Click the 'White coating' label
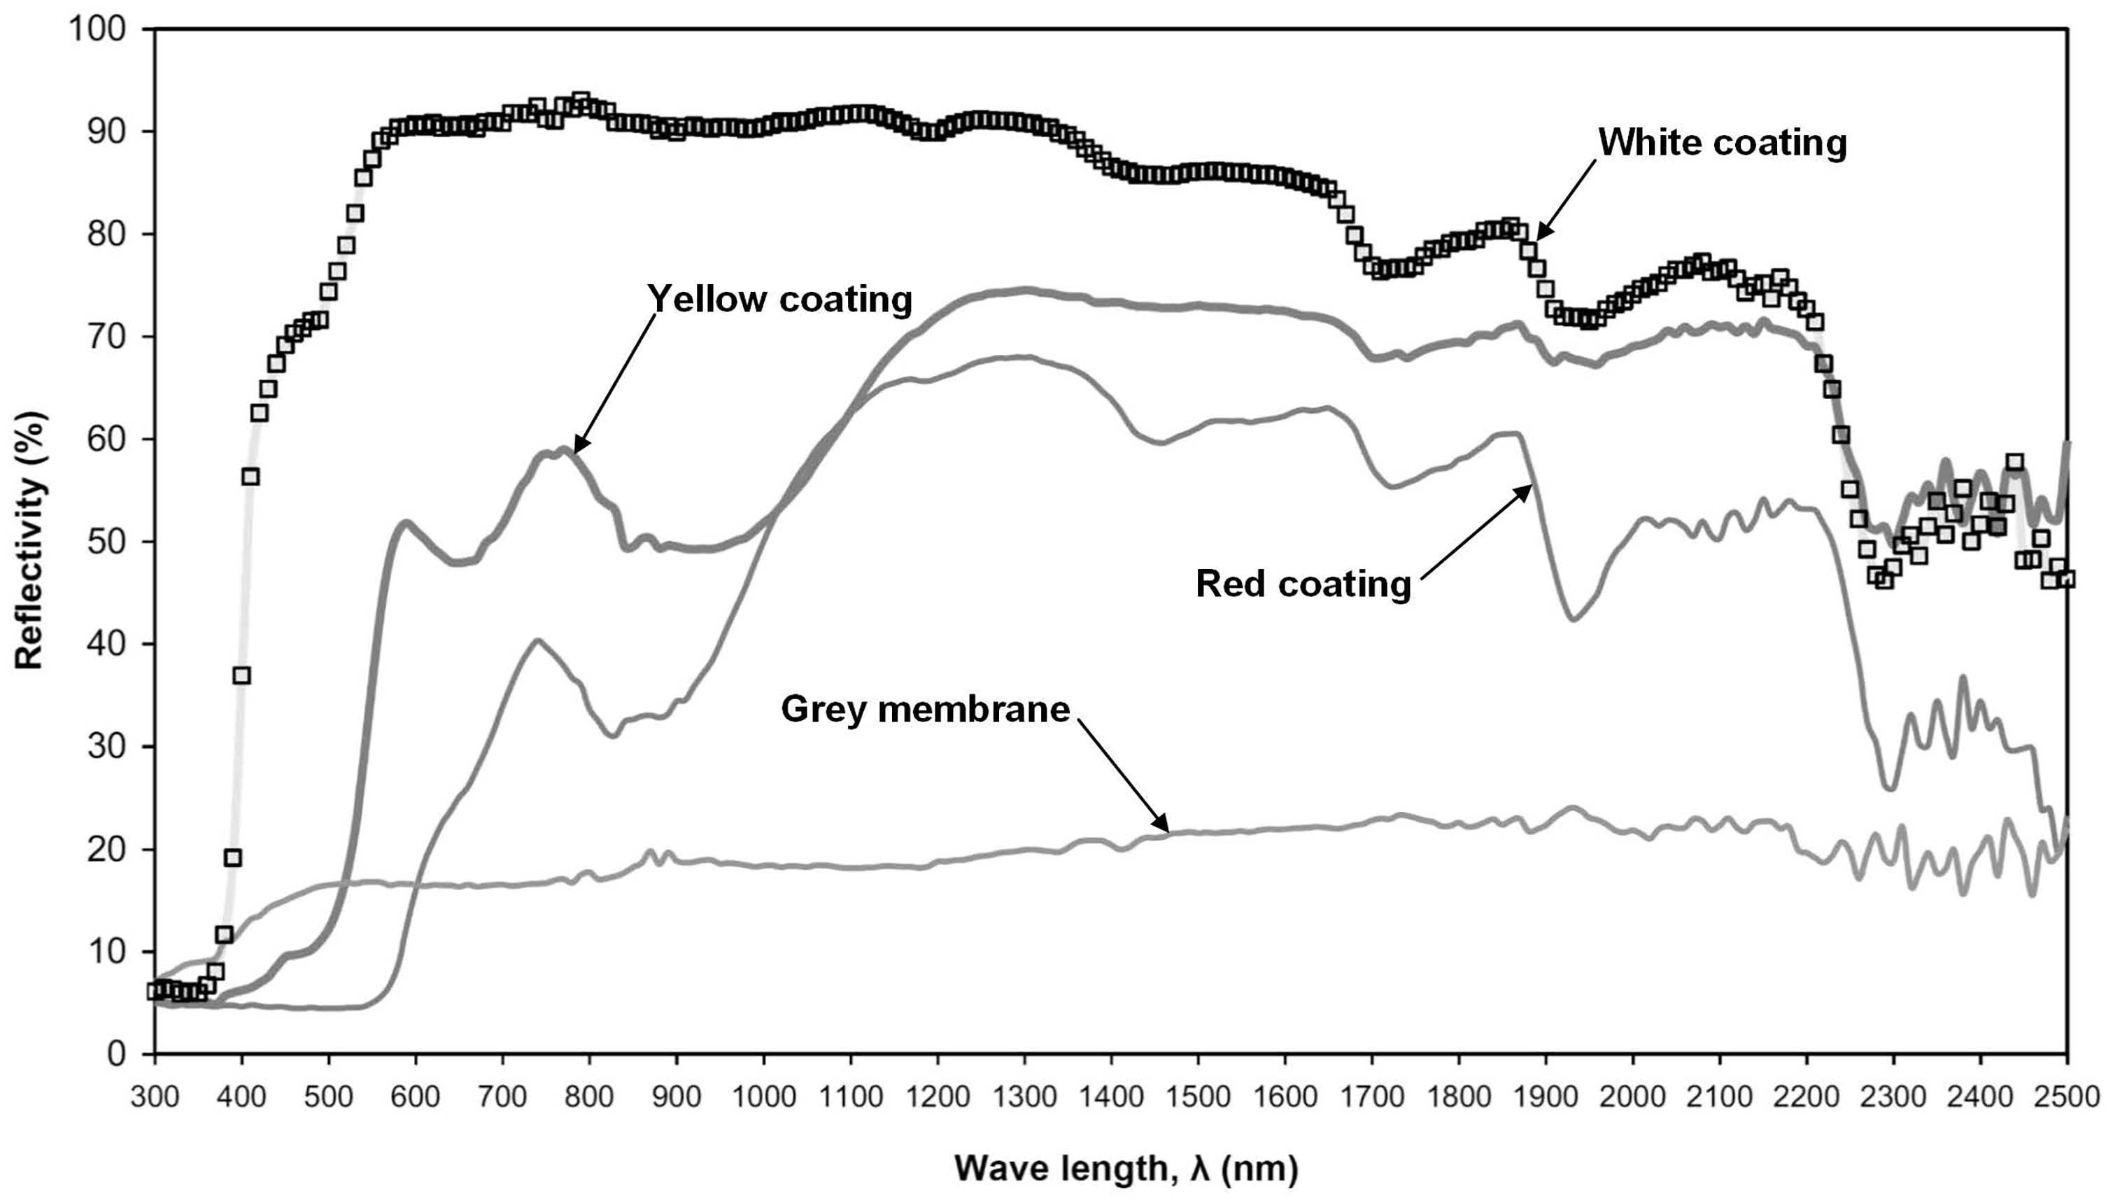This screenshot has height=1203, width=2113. click(1723, 143)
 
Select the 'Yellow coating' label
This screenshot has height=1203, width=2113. click(779, 299)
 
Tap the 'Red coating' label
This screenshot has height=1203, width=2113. click(1303, 584)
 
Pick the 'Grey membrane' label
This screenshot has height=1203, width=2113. click(925, 709)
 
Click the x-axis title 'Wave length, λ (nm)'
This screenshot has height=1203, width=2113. click(1126, 1168)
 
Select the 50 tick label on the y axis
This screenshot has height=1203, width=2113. click(106, 542)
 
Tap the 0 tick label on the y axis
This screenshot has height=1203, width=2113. click(116, 1054)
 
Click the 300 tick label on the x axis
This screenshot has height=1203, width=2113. click(155, 1097)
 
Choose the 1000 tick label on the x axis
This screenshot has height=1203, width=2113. click(763, 1097)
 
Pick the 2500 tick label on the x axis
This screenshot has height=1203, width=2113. click(2067, 1097)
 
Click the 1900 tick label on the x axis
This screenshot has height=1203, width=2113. click(1546, 1097)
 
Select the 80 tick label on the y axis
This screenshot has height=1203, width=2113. click(106, 234)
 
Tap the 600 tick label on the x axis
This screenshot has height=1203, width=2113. click(416, 1097)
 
